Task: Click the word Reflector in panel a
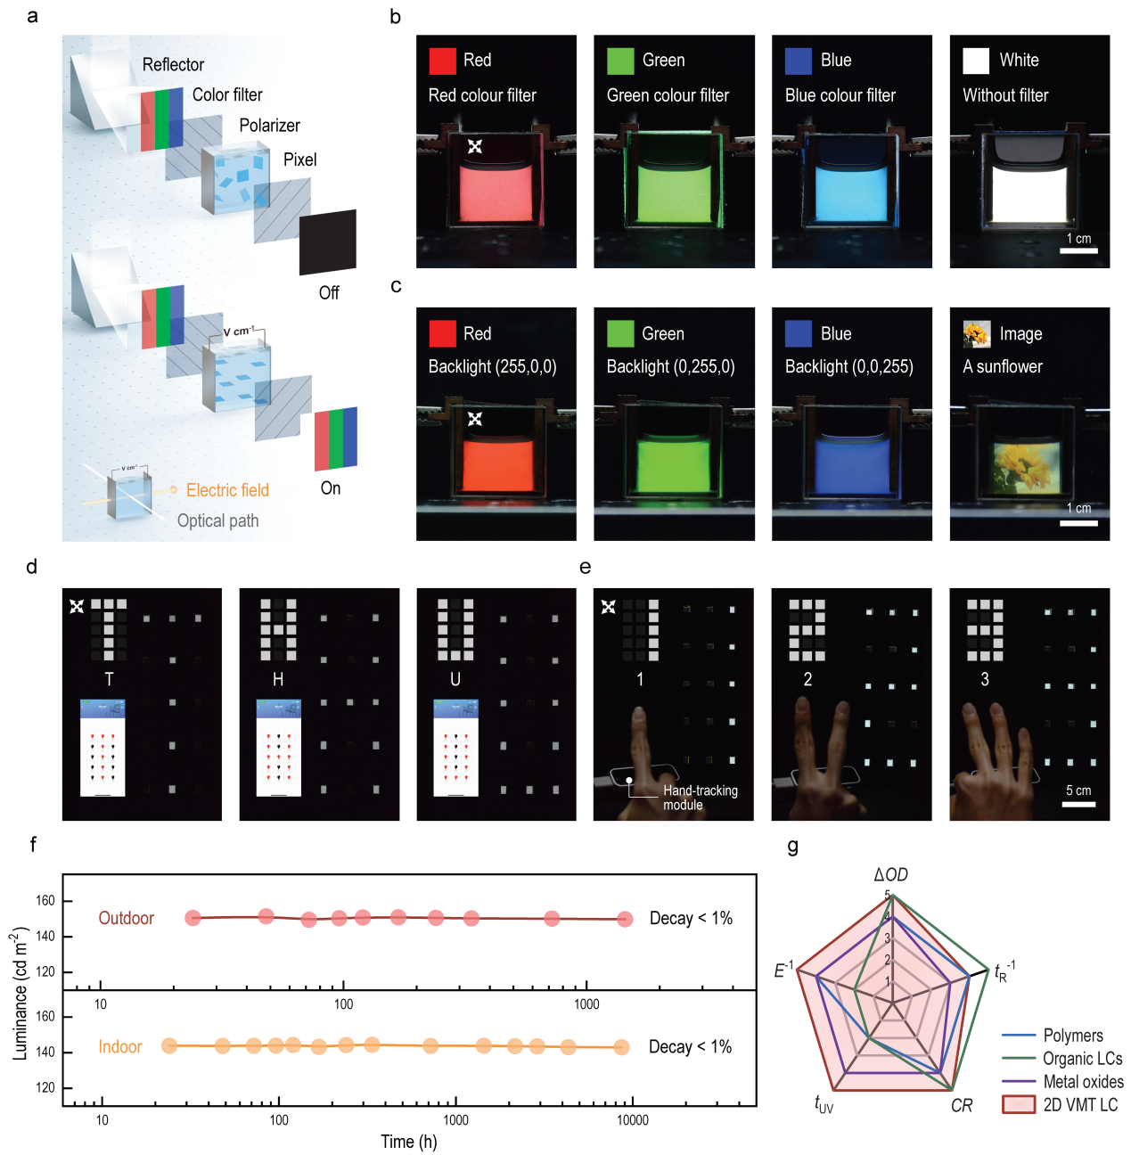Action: coord(173,64)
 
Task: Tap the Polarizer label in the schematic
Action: coord(269,125)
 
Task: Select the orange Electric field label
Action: coord(227,490)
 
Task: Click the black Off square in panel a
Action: coord(328,242)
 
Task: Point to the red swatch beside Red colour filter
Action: coord(443,61)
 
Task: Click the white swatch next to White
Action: coord(976,61)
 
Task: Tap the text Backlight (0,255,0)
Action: coord(670,366)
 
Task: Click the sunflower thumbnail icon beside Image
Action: coord(977,334)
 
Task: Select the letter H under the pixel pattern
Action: coord(278,679)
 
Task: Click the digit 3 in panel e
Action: coord(985,679)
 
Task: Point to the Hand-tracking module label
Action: coord(700,798)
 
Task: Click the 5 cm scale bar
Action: coord(1078,804)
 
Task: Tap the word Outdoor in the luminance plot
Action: coord(127,918)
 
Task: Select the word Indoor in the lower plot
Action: coord(120,1046)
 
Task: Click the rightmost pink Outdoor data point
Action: coord(625,919)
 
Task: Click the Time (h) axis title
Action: coord(409,1142)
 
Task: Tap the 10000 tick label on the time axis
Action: coord(633,1120)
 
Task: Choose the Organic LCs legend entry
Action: coord(1082,1059)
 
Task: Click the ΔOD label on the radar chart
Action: coord(890,875)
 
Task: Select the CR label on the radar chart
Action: coord(962,1106)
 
